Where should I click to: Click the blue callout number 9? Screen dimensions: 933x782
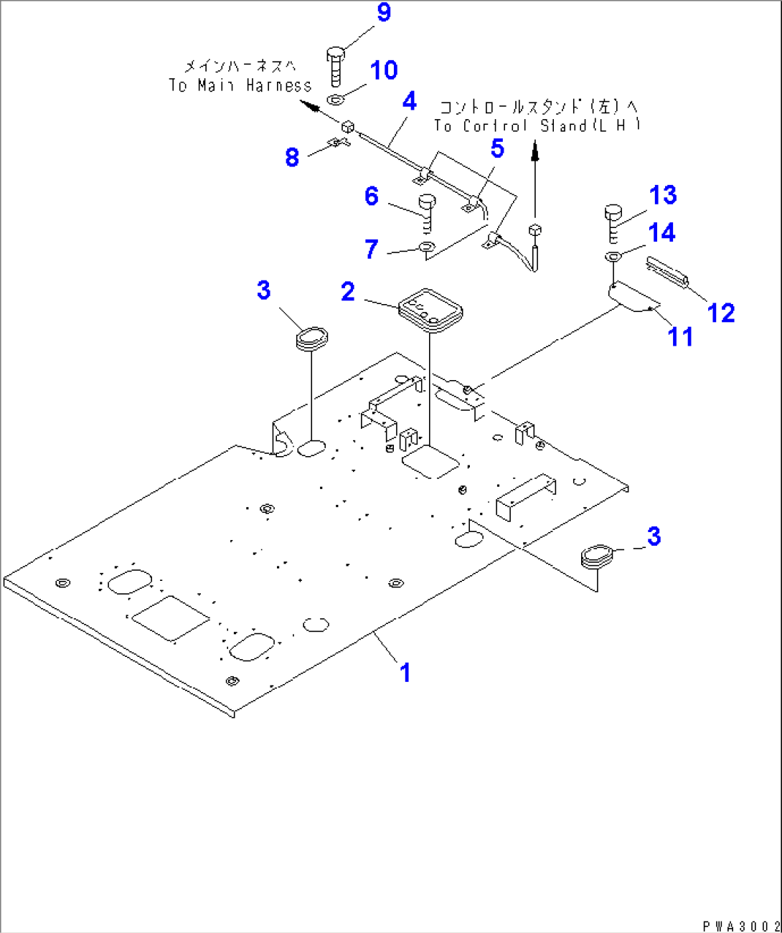pos(384,12)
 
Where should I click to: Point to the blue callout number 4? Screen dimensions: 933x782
pos(409,101)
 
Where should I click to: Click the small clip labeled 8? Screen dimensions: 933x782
pos(337,143)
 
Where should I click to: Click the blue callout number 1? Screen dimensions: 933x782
pos(405,673)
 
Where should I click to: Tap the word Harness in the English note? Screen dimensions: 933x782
pos(278,85)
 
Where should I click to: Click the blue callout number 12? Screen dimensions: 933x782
pos(721,313)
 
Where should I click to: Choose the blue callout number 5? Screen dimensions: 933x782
pos(497,148)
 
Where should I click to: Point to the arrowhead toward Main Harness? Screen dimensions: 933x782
pos(310,108)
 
